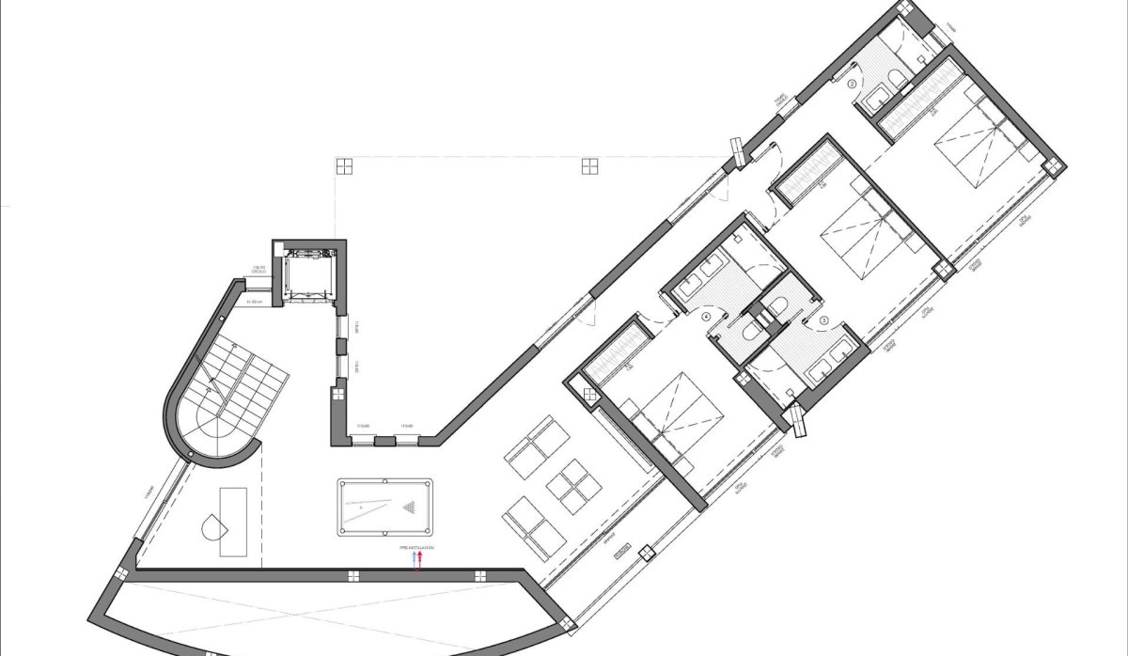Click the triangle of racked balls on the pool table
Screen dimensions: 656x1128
[x=411, y=508]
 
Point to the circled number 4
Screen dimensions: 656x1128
[x=706, y=318]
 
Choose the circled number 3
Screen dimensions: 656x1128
[x=824, y=320]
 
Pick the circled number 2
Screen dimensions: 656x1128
[x=853, y=84]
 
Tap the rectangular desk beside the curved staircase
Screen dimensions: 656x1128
[x=233, y=522]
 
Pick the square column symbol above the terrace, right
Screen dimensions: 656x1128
[x=589, y=166]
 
